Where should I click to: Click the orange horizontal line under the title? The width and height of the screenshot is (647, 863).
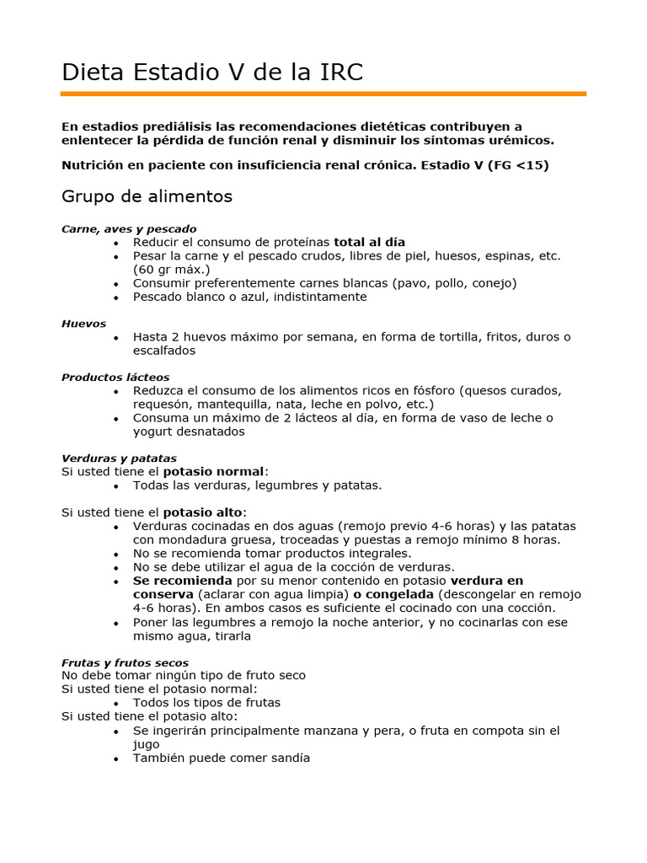[x=323, y=94]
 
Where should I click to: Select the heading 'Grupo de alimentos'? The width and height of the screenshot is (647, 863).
[x=147, y=196]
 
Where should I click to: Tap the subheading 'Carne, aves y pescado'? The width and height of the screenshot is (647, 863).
[x=129, y=228]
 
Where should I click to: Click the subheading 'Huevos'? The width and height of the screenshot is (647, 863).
[x=83, y=323]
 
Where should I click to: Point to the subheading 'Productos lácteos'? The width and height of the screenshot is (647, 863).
[x=115, y=377]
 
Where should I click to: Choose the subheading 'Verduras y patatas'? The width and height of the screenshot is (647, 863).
[x=119, y=458]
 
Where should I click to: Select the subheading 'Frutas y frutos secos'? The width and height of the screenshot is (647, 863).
[x=125, y=662]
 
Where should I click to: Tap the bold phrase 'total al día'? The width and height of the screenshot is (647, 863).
[x=370, y=242]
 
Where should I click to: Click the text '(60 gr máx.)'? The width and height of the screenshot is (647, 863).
[x=171, y=269]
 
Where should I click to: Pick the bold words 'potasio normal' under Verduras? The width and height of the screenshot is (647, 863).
[x=214, y=471]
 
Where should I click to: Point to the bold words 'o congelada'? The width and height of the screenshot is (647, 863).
[x=388, y=594]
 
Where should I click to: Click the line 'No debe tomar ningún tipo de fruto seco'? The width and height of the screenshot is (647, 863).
[x=184, y=675]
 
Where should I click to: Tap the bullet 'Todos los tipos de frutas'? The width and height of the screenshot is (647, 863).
[x=206, y=702]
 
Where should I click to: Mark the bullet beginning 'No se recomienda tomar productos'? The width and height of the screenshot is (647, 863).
[x=272, y=554]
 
